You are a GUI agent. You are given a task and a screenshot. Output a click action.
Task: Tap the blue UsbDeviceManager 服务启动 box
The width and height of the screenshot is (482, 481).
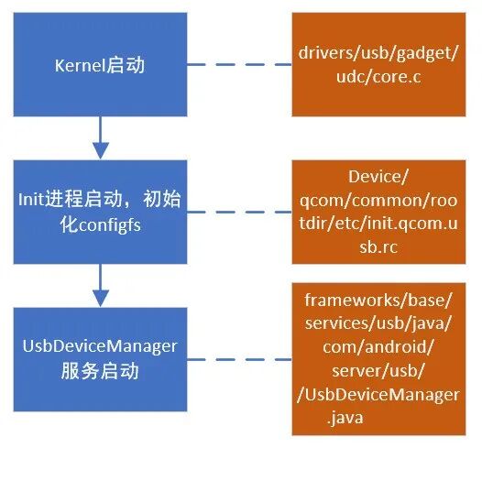pos(101,358)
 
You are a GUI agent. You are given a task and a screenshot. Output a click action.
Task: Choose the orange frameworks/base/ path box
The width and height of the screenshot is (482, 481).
pos(378,358)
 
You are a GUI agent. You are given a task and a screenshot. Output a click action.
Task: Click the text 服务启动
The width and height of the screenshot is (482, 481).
pos(101,371)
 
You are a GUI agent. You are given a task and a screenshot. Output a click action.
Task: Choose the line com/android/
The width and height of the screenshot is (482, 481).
pos(378,347)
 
